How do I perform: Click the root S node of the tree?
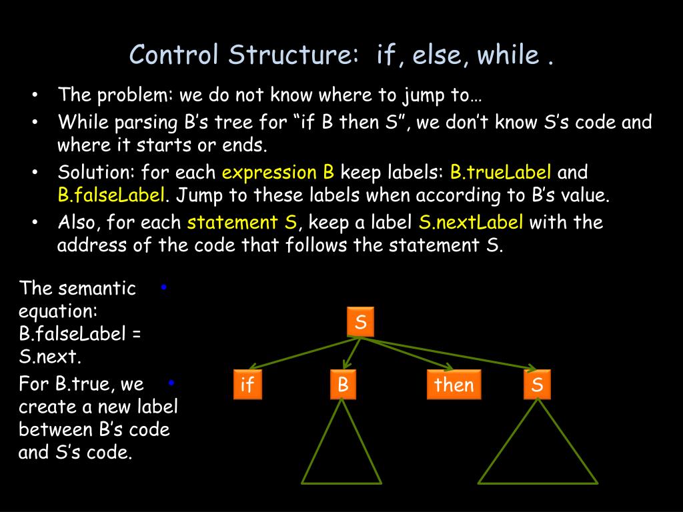(361, 323)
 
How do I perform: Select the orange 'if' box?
(247, 385)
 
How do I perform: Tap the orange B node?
(343, 385)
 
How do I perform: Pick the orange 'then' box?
(454, 385)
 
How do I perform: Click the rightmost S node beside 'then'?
(537, 385)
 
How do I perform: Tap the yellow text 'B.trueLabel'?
(501, 173)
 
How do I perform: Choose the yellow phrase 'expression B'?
(277, 173)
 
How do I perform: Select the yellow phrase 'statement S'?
(242, 222)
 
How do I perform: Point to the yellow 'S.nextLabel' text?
(471, 222)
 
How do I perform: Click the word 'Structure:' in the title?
(293, 55)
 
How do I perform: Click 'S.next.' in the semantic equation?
(50, 357)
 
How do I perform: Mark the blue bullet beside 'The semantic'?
(164, 287)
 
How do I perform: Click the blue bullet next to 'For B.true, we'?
(171, 383)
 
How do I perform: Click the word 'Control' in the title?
(174, 55)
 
